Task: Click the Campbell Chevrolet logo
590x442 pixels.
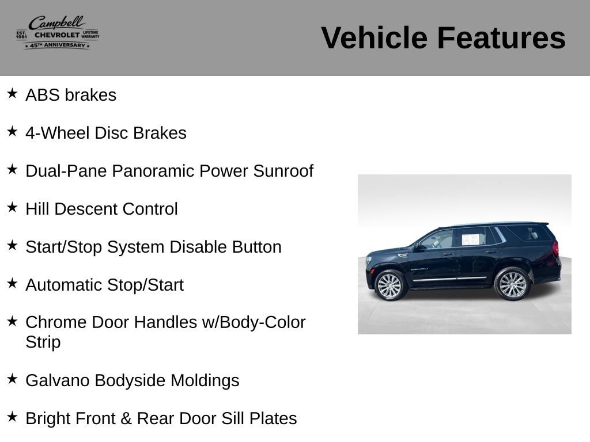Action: (58, 32)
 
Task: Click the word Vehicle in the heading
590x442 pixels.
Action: (374, 37)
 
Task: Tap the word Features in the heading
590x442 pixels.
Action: (501, 37)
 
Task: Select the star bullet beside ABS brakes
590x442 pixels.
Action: (12, 93)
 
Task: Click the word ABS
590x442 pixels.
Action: (43, 95)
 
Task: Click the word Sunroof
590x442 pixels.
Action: (283, 171)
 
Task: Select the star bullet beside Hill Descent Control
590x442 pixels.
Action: (12, 207)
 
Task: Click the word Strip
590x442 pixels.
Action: (43, 342)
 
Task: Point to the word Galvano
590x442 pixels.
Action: (58, 380)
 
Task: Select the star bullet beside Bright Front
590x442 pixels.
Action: (12, 417)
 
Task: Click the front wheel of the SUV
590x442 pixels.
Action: (389, 285)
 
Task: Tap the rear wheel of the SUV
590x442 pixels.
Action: (512, 284)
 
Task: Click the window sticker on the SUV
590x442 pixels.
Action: (470, 239)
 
